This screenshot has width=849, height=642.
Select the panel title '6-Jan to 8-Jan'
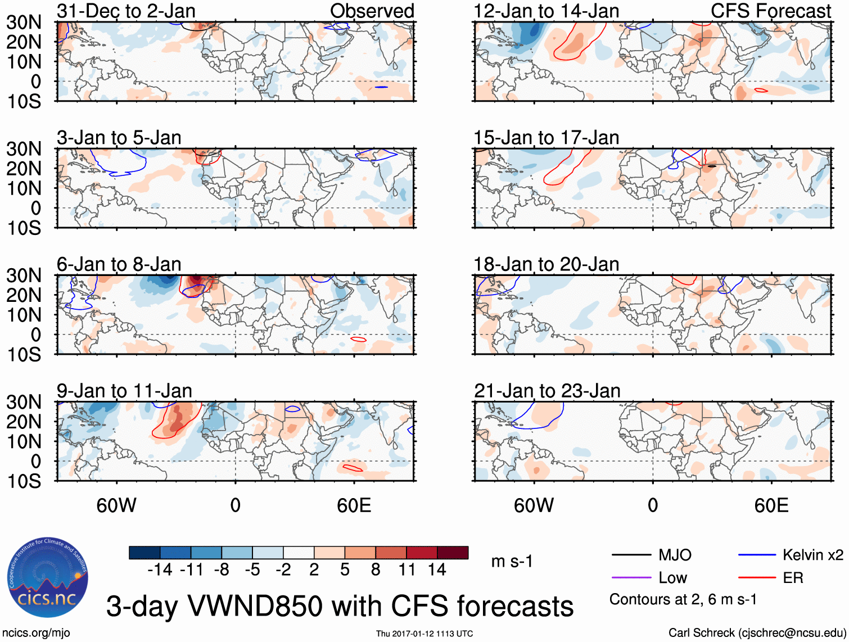coord(119,264)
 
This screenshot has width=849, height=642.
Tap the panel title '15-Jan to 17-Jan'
coord(546,138)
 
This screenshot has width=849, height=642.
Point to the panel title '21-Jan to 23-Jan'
coord(547,391)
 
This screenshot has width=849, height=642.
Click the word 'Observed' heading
coord(372,11)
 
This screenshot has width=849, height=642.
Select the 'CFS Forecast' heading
coord(771,11)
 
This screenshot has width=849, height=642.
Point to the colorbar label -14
coord(160,570)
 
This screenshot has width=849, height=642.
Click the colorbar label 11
coord(407,570)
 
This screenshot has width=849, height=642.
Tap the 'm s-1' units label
coord(512,562)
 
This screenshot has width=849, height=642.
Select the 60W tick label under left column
coord(116,505)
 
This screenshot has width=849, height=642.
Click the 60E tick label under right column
coord(771,505)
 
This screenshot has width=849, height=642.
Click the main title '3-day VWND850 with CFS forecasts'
coord(340,606)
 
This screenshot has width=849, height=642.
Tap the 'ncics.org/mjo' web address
coord(36,633)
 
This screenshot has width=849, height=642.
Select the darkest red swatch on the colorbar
coord(453,553)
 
